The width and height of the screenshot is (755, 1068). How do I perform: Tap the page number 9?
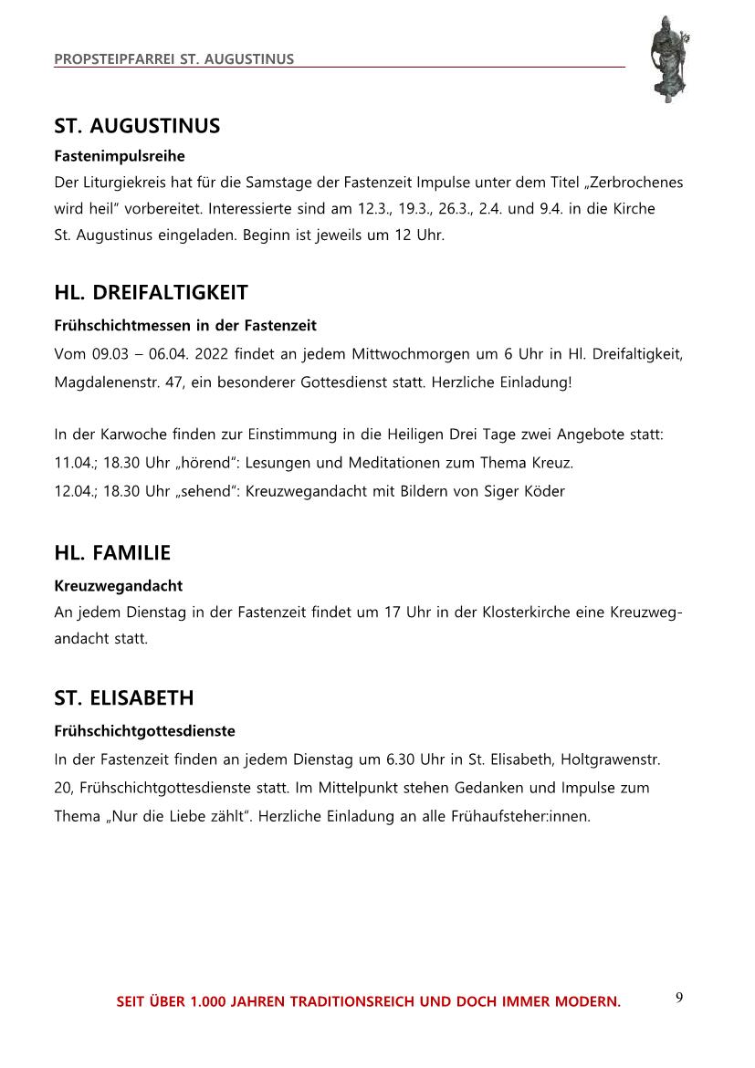[x=679, y=997]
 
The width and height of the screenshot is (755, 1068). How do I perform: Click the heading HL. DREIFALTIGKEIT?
[x=151, y=293]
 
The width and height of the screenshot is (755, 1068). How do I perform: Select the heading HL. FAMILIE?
[x=112, y=553]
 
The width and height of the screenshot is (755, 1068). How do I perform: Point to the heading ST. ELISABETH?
[x=124, y=698]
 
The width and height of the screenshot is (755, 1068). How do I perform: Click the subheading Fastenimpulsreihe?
[x=120, y=156]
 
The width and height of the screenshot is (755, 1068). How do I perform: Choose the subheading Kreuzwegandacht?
[x=118, y=585]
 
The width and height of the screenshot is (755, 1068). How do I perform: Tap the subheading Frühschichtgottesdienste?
[x=144, y=731]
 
